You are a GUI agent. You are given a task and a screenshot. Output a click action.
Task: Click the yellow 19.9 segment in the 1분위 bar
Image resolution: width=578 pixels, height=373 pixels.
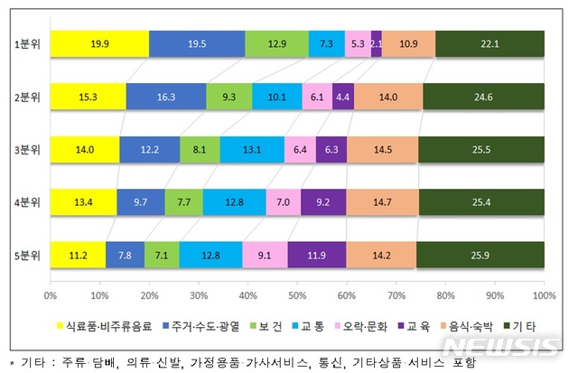click(x=99, y=43)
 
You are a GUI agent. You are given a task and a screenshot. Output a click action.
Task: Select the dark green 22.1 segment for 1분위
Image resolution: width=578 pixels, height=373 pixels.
click(x=489, y=43)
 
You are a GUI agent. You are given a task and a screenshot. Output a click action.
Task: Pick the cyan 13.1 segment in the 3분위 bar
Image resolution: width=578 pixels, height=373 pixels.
click(x=252, y=149)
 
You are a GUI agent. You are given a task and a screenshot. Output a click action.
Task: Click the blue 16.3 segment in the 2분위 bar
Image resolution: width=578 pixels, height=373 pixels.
click(x=166, y=97)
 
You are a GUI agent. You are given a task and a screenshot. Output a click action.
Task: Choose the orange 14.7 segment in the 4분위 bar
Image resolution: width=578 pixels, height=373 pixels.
click(x=382, y=202)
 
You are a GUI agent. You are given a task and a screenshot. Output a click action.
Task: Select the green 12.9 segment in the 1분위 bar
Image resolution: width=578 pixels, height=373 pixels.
click(x=276, y=43)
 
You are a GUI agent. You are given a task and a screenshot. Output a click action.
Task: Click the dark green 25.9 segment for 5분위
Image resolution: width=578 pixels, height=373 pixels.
click(x=480, y=255)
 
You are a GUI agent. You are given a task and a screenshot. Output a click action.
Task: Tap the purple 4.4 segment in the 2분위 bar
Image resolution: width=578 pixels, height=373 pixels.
click(x=343, y=97)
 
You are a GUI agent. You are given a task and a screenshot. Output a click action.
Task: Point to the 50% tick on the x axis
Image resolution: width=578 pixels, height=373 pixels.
click(x=297, y=295)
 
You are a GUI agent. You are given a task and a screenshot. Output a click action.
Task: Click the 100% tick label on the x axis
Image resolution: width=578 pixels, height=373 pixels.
click(x=543, y=295)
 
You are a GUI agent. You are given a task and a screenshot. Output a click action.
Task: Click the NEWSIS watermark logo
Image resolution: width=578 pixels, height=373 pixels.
click(x=512, y=346)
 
